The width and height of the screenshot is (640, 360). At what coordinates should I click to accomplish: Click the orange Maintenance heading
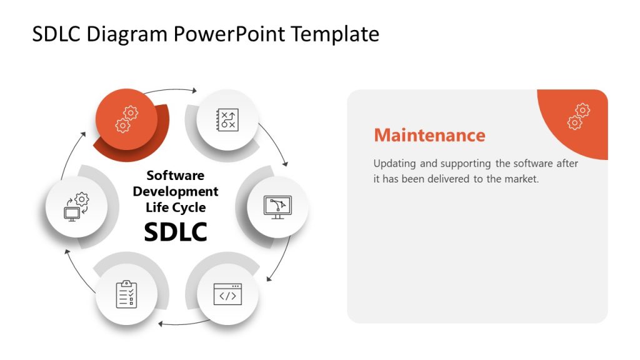(429, 135)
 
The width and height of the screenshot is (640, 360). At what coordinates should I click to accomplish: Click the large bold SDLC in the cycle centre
(175, 231)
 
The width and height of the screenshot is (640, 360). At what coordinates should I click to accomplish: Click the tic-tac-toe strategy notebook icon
(227, 119)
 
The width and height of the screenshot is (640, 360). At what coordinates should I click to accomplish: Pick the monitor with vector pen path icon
(278, 206)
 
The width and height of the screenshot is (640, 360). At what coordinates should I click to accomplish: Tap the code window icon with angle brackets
(227, 294)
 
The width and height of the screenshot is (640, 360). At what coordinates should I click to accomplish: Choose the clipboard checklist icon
(126, 294)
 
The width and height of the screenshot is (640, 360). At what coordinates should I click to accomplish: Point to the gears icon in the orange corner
(579, 116)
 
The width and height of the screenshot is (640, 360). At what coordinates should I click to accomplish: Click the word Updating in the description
(395, 164)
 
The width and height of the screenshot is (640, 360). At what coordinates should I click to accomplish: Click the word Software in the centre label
(175, 176)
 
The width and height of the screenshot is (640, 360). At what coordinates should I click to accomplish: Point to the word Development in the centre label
(175, 191)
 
